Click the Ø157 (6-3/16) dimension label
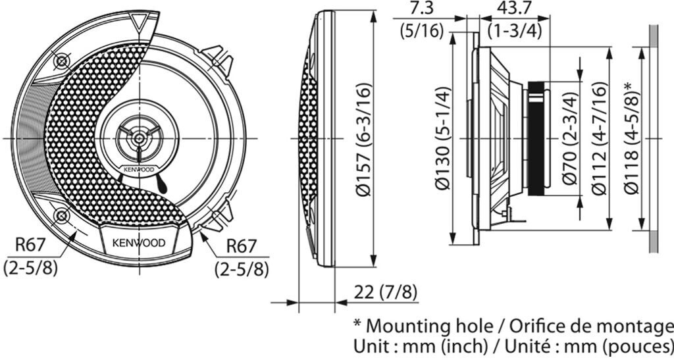(x=363, y=139)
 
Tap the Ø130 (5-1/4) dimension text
(x=442, y=138)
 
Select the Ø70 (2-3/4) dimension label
(x=571, y=138)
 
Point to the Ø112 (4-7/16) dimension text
(x=600, y=138)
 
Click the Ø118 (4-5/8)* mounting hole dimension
(x=632, y=138)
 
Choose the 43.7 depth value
(x=514, y=9)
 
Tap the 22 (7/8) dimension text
(x=385, y=293)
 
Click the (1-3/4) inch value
(x=514, y=31)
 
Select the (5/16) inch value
(x=421, y=31)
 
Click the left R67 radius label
(x=30, y=245)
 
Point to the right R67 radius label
(x=241, y=246)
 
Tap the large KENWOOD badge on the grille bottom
(x=138, y=243)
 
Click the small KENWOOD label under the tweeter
(x=138, y=170)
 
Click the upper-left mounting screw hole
(x=61, y=61)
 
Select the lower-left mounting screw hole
(x=61, y=215)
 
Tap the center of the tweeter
(x=138, y=138)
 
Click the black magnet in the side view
(x=536, y=139)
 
